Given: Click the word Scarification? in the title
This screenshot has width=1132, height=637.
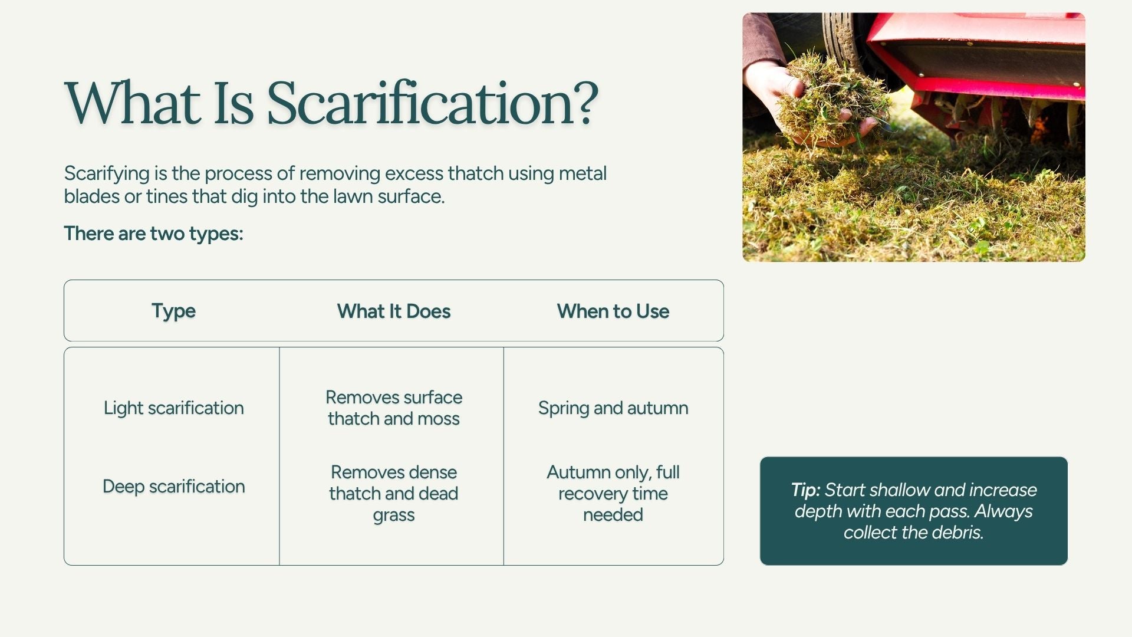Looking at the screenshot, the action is point(433,104).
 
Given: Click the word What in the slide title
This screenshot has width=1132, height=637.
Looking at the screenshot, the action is point(132,104).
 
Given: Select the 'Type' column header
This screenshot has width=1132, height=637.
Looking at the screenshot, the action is point(173,311).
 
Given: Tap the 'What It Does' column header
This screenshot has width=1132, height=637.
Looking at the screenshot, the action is point(394,311).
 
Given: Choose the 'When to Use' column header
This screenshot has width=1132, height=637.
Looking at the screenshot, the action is point(613,311).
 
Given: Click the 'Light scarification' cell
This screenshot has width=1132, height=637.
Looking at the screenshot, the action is point(173,408).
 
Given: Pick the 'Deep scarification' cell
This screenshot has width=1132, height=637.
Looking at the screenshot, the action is point(173,487).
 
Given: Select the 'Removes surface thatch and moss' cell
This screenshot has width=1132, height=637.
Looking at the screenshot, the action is point(394,408).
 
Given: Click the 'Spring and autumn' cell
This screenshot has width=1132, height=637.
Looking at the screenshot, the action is point(613,408).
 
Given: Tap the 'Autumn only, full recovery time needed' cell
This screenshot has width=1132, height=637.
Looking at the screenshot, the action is point(613,494).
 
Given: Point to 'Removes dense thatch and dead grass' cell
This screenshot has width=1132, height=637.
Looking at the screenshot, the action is point(394,494).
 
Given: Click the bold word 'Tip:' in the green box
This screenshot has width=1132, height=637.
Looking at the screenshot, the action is point(805,490).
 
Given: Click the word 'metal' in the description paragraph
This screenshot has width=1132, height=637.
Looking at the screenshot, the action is point(583,173).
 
